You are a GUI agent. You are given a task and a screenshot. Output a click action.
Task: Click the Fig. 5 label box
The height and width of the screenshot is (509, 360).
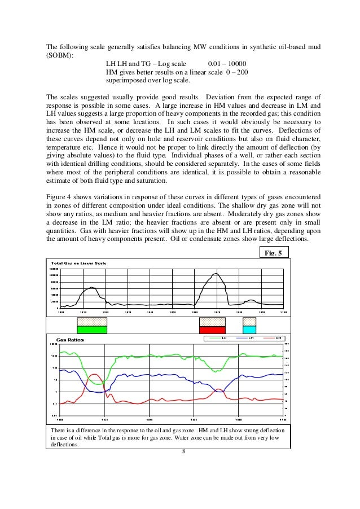click(x=273, y=252)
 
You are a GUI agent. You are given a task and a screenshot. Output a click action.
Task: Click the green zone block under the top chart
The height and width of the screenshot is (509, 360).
click(x=91, y=329)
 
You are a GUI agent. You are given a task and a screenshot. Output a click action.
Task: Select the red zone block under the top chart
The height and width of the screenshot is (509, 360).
click(x=212, y=329)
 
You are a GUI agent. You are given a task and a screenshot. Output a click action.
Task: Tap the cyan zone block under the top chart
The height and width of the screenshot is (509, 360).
click(x=249, y=329)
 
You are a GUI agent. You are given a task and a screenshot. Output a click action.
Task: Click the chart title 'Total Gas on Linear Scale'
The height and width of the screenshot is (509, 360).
click(x=78, y=264)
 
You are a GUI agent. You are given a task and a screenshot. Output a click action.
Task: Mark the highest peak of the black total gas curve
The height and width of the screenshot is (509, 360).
click(x=215, y=274)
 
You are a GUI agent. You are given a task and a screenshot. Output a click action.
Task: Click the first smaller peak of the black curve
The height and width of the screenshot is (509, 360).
click(x=90, y=287)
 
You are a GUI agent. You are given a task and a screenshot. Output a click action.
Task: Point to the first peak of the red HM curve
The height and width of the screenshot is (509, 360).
click(x=94, y=374)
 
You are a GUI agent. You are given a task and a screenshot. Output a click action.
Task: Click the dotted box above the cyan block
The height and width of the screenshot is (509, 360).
click(x=249, y=321)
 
